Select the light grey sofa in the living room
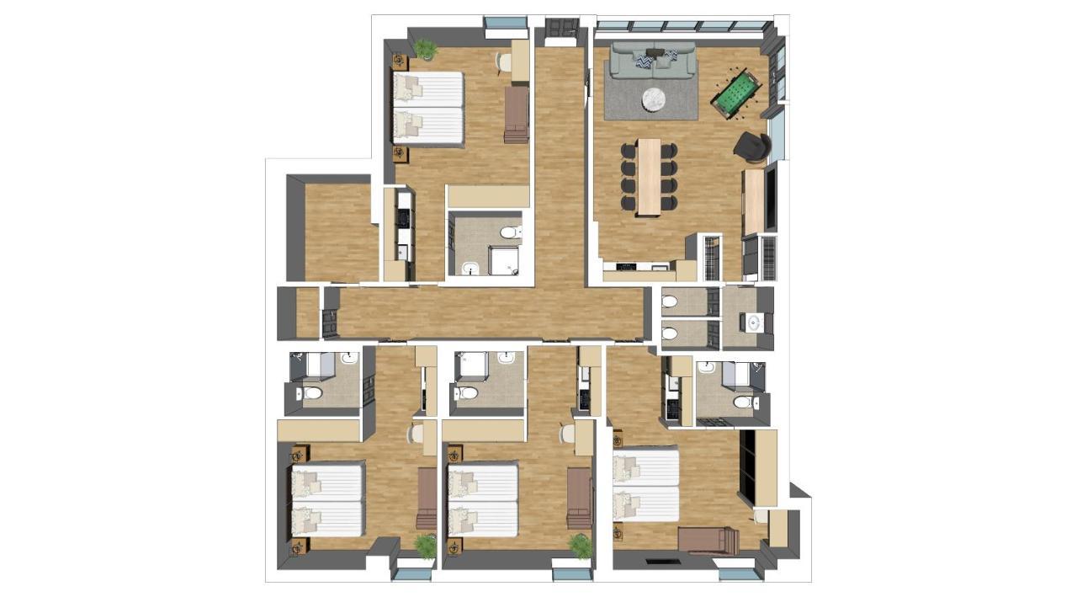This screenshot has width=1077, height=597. tap(652, 61)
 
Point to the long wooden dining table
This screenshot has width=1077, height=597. tap(649, 176)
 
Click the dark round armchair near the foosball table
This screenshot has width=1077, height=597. tap(751, 147)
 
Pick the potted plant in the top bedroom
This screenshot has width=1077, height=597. tap(426, 50)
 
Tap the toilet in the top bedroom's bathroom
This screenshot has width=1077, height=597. tap(510, 232)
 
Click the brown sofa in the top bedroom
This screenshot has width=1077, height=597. tap(516, 115)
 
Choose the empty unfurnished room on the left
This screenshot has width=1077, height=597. tap(340, 231)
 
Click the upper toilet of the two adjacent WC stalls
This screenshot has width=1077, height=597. tap(671, 301)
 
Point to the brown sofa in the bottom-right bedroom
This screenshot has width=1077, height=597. tap(708, 539)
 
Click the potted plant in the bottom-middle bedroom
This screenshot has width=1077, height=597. tap(581, 545)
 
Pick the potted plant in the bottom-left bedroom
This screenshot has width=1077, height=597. tap(426, 546)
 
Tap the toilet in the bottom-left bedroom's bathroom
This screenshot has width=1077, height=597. tap(312, 393)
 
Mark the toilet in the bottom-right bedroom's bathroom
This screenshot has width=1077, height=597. tap(742, 403)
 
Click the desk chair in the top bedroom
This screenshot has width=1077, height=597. tap(502, 61)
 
